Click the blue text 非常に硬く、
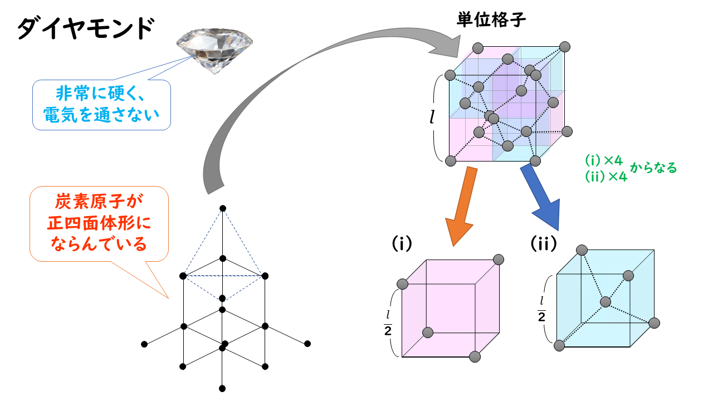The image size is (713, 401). (x=101, y=93)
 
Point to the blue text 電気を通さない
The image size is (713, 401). (x=101, y=115)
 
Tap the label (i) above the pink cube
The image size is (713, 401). (x=401, y=244)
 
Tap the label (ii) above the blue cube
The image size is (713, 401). (x=544, y=243)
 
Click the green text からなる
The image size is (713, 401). (x=653, y=168)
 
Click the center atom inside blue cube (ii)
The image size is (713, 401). (x=605, y=302)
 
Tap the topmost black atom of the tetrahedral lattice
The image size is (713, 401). (x=223, y=208)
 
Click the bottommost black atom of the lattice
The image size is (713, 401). (x=222, y=388)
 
